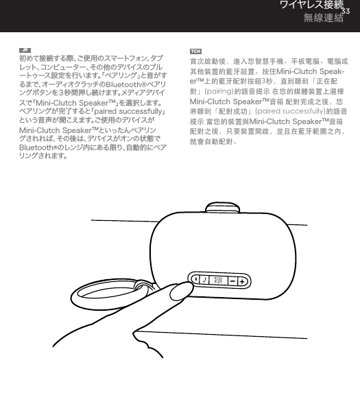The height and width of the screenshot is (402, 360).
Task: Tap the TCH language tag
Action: pyautogui.click(x=195, y=51)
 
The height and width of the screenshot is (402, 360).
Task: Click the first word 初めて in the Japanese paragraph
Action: pyautogui.click(x=27, y=60)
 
